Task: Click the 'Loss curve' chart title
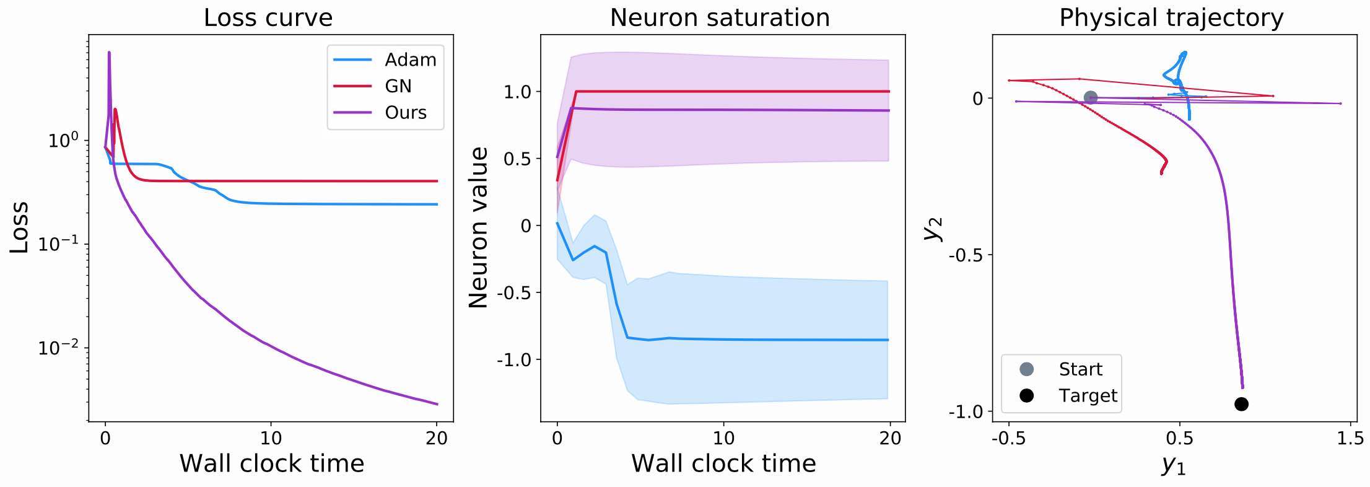(268, 17)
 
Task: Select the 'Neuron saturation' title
(720, 17)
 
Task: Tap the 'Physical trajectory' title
(1171, 17)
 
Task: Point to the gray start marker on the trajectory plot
(1091, 97)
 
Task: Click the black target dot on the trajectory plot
(1241, 404)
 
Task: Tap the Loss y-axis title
(20, 227)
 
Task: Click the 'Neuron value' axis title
(479, 227)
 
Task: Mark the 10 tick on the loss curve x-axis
(271, 439)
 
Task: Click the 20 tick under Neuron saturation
(890, 439)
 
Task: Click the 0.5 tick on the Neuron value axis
(518, 159)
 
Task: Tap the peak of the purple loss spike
(109, 53)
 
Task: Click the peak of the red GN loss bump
(115, 110)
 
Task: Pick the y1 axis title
(1173, 465)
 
